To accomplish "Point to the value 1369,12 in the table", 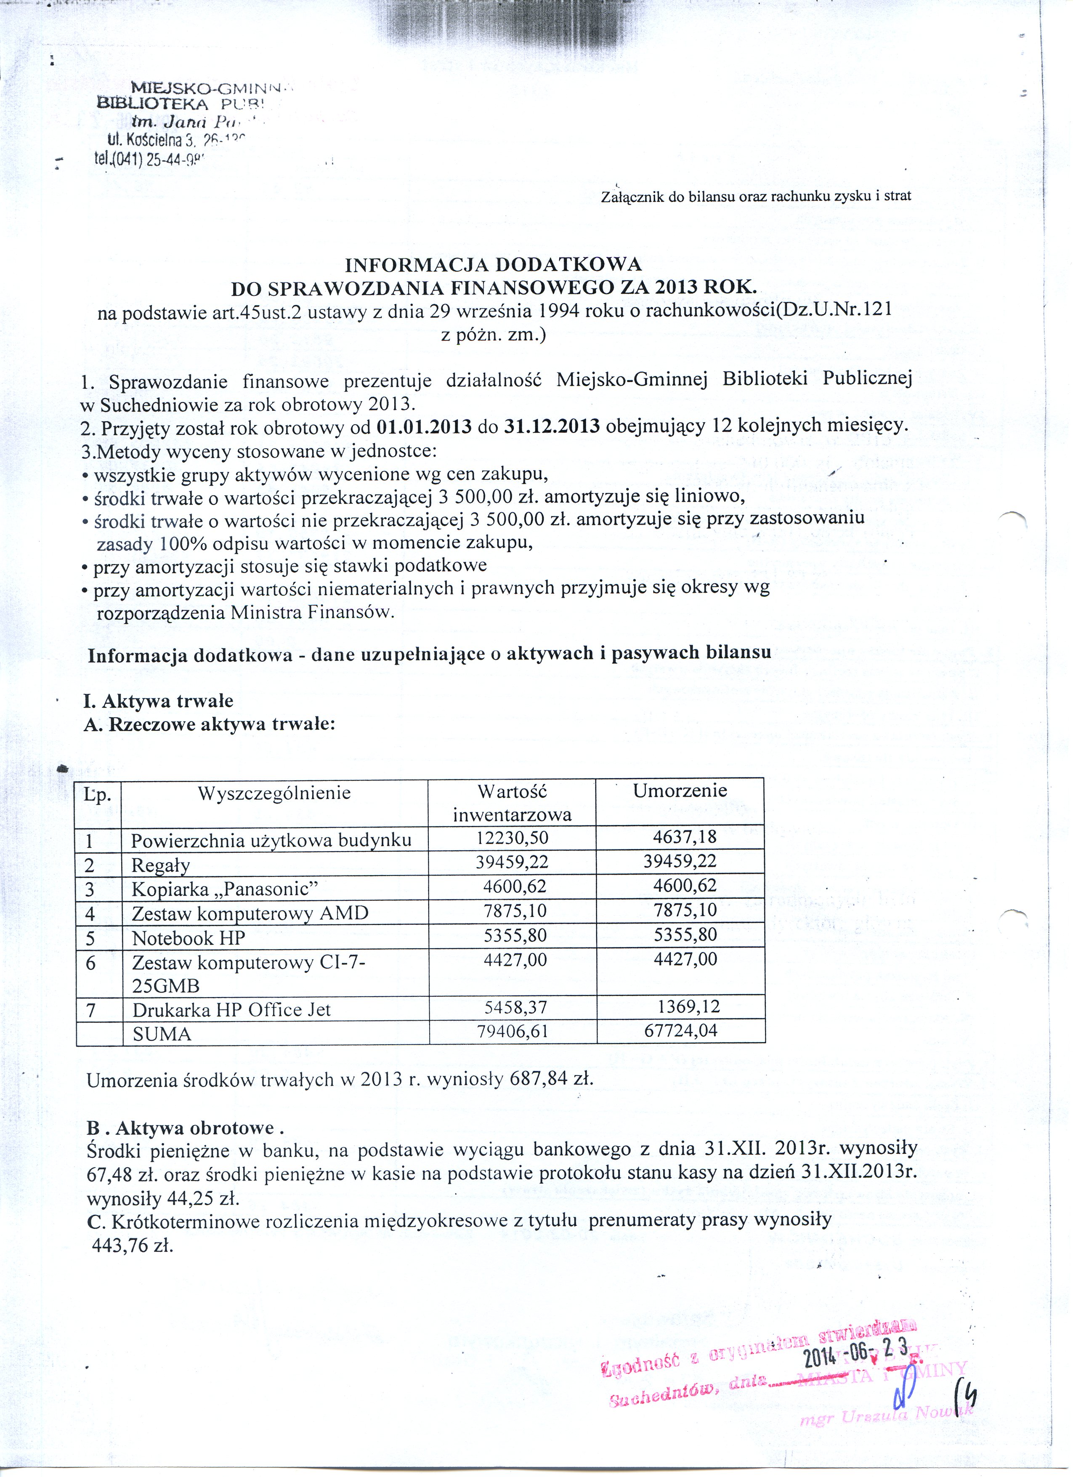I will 688,1007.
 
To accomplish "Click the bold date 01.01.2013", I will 424,426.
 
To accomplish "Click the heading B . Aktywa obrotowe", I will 186,1127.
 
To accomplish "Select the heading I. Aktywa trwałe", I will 158,701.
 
